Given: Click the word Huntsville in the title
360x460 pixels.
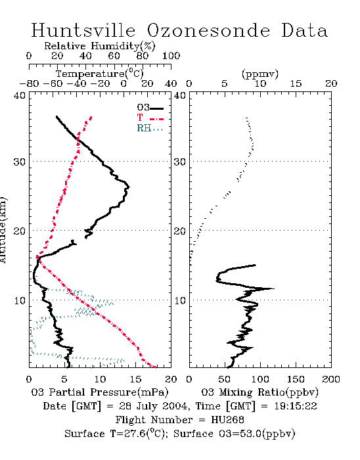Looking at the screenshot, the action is pos(83,30).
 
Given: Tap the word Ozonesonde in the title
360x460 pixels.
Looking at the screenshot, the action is pos(208,30).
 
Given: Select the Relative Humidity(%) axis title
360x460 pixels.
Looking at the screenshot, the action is pos(100,46).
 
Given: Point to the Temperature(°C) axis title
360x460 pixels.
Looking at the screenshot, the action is pos(100,74).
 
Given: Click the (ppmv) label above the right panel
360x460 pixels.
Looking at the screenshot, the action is pos(260,74).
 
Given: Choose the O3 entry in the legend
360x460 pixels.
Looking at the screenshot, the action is pos(150,108).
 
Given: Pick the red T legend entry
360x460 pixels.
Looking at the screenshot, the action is pos(150,118).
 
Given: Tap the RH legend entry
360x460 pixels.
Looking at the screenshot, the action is pos(150,128).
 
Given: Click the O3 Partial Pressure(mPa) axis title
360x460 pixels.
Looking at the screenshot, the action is pos(100,392).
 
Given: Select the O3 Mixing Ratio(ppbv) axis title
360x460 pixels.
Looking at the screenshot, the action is pos(259,392).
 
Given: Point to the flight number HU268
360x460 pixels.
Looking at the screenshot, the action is pos(227,420).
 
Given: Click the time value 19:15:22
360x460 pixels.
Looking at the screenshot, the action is pos(296,406).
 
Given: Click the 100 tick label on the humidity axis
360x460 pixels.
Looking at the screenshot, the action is pos(171,56).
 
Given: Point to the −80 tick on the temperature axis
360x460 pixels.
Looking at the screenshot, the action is pos(29,83).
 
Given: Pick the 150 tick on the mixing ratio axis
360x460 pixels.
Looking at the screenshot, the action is pos(296,379).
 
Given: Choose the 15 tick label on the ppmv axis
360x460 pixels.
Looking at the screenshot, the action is pos(296,83).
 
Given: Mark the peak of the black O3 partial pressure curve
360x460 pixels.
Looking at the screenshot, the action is pos(129,187).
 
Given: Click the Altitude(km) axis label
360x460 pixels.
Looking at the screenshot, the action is pos(3,230).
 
